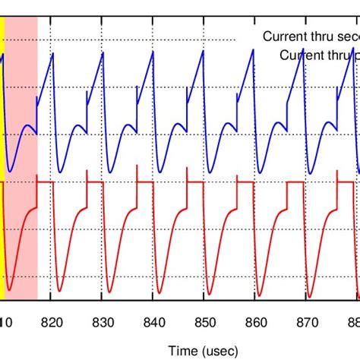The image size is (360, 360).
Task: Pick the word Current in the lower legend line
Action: pos(301,55)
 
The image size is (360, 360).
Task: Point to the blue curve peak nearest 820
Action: pos(53,52)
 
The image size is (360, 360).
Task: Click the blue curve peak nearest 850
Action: pos(203,51)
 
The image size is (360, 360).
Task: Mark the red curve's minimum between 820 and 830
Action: pos(62,291)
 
